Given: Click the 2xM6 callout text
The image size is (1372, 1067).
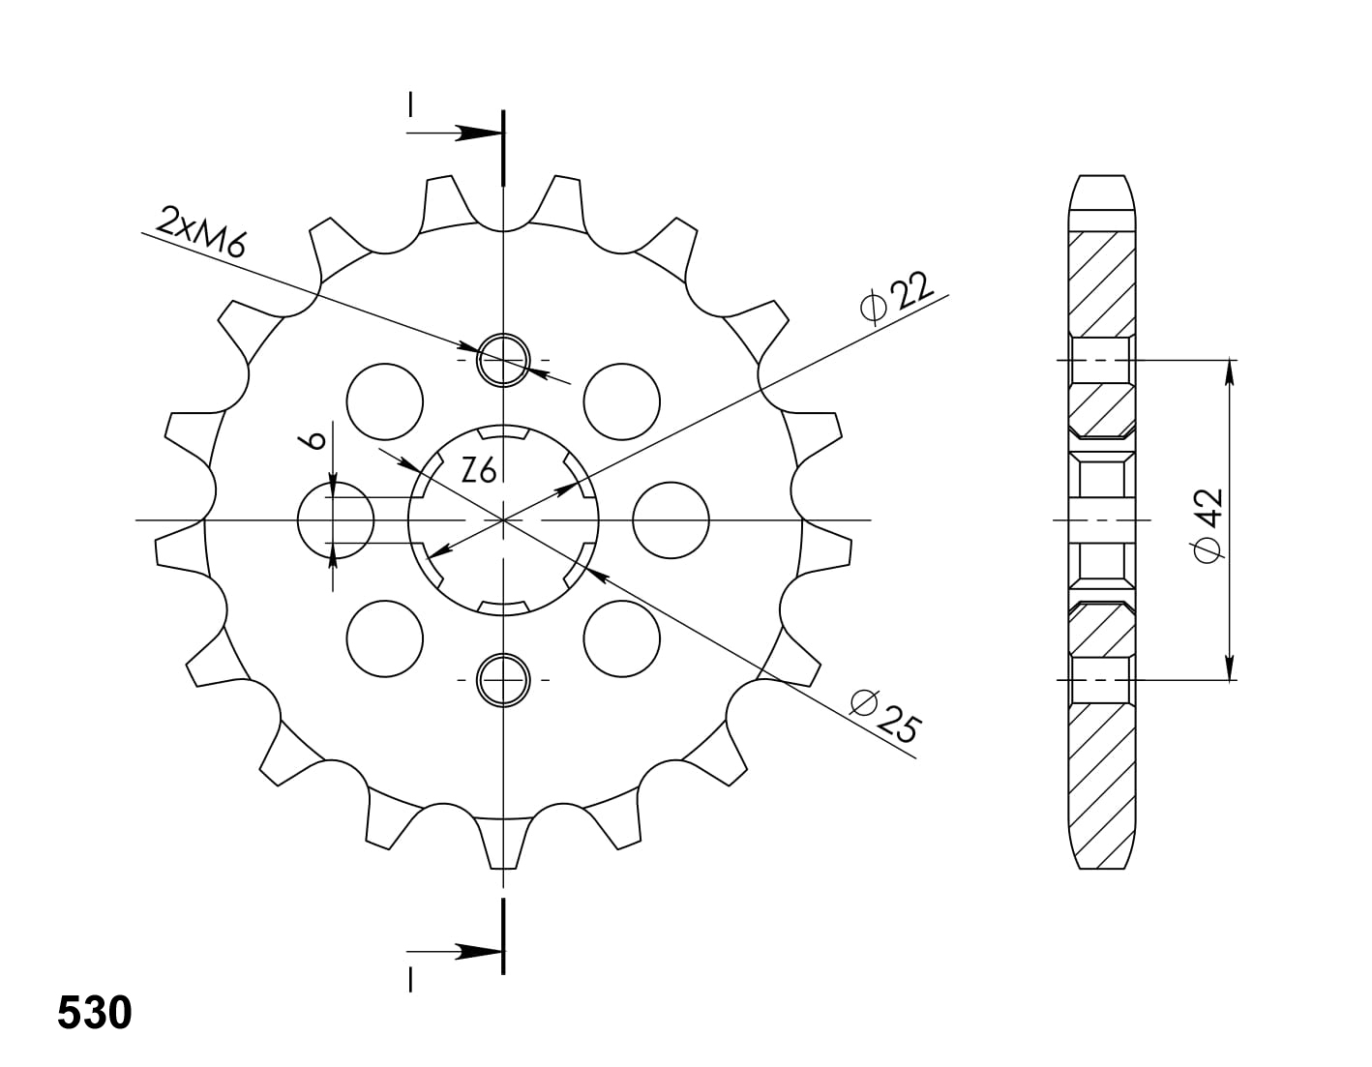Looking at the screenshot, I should (x=201, y=231).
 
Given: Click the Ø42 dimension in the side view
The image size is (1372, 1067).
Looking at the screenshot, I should (x=1208, y=523).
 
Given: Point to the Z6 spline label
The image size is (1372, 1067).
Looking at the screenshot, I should (x=479, y=471).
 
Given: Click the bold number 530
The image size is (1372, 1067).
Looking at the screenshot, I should (x=94, y=1013).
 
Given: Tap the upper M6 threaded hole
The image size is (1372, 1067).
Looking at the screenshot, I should (x=503, y=359).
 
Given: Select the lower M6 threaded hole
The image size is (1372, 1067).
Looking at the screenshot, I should (x=503, y=679).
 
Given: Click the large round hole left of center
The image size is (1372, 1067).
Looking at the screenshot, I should (x=335, y=519).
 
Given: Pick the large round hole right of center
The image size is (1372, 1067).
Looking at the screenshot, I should (x=671, y=519).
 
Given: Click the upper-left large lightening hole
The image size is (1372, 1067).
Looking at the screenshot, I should (x=384, y=400).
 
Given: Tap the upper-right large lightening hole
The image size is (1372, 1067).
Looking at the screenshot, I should (x=622, y=400).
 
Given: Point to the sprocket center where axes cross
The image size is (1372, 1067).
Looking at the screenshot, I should (x=503, y=519).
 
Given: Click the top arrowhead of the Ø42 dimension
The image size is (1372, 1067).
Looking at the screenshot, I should (x=1230, y=371).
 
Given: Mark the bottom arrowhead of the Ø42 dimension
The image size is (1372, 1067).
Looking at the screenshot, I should (x=1230, y=667).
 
